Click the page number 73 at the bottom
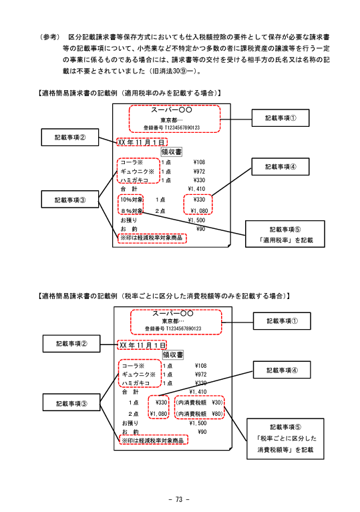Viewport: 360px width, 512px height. tap(179, 499)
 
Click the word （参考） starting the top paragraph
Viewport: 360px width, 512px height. tap(49, 37)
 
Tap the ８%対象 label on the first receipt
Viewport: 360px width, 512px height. tap(132, 211)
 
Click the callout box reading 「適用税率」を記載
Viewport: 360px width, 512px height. tap(285, 234)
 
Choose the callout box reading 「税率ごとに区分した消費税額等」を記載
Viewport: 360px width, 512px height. tap(285, 439)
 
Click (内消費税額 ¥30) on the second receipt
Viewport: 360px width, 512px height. tap(199, 403)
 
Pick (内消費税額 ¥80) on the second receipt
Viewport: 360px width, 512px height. tap(199, 414)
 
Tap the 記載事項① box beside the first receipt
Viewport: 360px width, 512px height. tap(281, 118)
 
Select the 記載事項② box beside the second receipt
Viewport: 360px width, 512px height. tap(71, 344)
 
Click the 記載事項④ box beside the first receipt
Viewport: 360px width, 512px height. tap(281, 166)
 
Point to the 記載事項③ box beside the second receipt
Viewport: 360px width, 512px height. tap(71, 404)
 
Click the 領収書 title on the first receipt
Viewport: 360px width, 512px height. tap(172, 152)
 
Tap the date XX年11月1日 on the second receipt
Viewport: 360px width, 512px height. tap(142, 345)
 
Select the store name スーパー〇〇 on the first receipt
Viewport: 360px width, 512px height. tap(172, 110)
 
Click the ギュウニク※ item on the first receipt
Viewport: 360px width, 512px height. tap(137, 172)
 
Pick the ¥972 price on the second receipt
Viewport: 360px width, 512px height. tap(200, 374)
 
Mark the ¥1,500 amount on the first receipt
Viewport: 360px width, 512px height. tap(196, 220)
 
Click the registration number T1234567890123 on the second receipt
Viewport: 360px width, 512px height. tap(184, 328)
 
